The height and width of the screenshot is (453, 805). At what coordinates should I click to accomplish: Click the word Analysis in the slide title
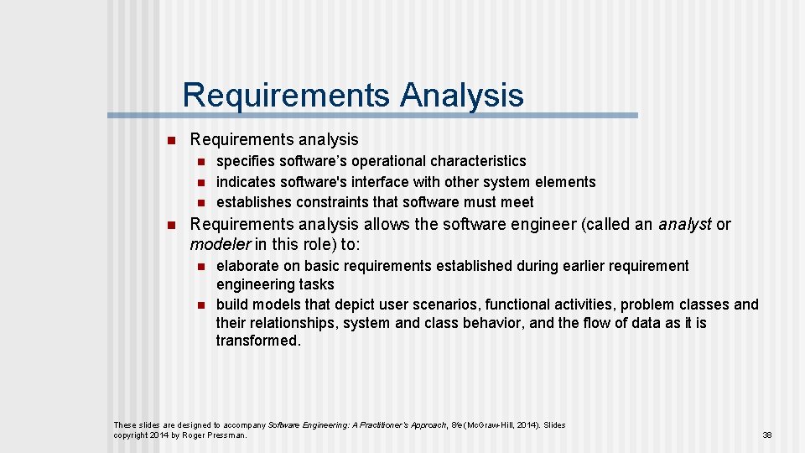tap(462, 95)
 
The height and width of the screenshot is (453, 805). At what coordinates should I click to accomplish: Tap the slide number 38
tap(766, 435)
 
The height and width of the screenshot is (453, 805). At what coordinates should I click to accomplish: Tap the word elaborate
tap(247, 266)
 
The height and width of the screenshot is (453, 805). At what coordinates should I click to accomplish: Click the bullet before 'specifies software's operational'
tap(201, 161)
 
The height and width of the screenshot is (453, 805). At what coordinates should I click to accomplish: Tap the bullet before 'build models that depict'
tap(201, 305)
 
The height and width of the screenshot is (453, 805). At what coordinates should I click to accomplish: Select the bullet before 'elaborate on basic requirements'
tap(201, 266)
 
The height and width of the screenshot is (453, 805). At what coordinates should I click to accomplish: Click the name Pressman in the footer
tap(226, 435)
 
